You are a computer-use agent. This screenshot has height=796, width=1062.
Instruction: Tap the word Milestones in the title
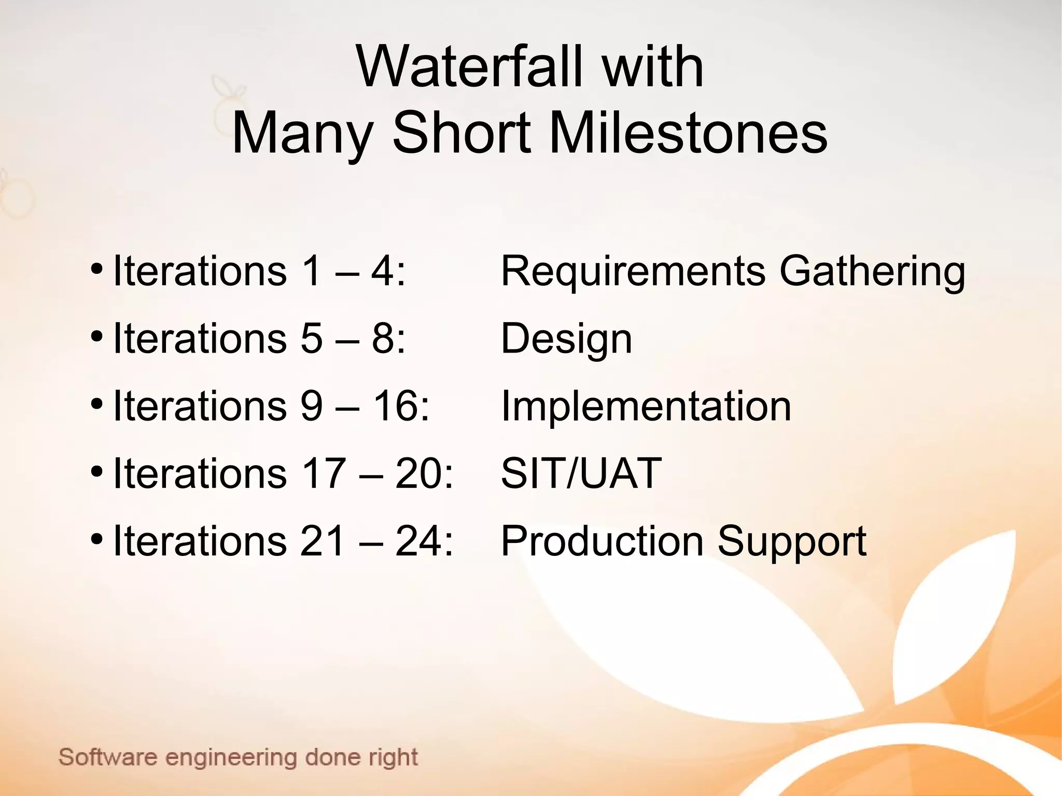point(688,134)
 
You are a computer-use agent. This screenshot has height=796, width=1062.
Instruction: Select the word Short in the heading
point(462,134)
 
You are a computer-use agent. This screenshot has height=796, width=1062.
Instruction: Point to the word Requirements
point(633,272)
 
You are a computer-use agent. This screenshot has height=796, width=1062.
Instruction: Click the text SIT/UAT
point(581,473)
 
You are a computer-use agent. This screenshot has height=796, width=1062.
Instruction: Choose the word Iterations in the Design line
point(200,339)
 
